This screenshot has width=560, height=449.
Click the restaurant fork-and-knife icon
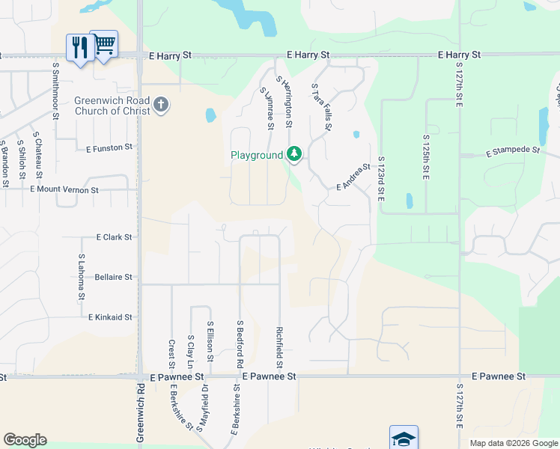tap(79, 47)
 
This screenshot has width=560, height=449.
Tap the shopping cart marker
tap(104, 44)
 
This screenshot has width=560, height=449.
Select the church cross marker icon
tap(161, 106)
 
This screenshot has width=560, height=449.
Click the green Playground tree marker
tap(294, 155)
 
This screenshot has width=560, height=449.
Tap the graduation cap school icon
tap(404, 439)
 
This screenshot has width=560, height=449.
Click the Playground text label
tap(257, 156)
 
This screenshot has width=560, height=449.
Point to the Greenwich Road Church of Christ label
tap(112, 106)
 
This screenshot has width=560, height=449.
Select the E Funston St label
tap(109, 148)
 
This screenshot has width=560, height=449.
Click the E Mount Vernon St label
tap(64, 190)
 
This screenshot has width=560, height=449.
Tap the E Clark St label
tap(114, 236)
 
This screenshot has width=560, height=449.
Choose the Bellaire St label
tap(114, 277)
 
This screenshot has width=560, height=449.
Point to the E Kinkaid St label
tap(110, 317)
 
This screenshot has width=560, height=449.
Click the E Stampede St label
tap(513, 151)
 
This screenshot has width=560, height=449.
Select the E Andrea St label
tap(353, 177)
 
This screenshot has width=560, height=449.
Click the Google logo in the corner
tap(25, 440)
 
